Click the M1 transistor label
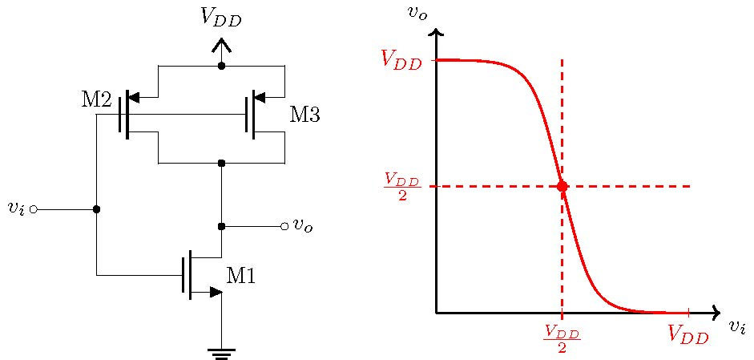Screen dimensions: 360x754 pos(240,276)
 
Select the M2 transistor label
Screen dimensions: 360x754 pos(96,100)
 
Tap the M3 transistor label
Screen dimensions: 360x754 pos(304,115)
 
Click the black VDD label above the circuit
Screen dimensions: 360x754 pos(220,17)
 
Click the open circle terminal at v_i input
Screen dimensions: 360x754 pos(34,209)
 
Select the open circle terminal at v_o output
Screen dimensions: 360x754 pos(284,226)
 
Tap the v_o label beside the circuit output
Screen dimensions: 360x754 pos(303,225)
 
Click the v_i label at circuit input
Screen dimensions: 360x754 pos(16,208)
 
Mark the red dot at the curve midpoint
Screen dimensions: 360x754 pos(562,186)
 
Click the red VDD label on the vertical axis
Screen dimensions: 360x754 pos(401,60)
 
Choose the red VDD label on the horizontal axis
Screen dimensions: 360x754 pos(687,334)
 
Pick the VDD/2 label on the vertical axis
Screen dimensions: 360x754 pos(401,186)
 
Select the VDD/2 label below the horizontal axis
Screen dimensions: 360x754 pos(562,338)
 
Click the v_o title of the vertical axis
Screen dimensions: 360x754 pos(417,12)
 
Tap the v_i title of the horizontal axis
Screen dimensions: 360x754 pos(737,326)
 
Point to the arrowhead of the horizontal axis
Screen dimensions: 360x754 pos(716,313)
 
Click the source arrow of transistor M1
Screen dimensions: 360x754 pos(216,292)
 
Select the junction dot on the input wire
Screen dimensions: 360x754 pos(96,209)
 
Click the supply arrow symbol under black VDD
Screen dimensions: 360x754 pos(221,45)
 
